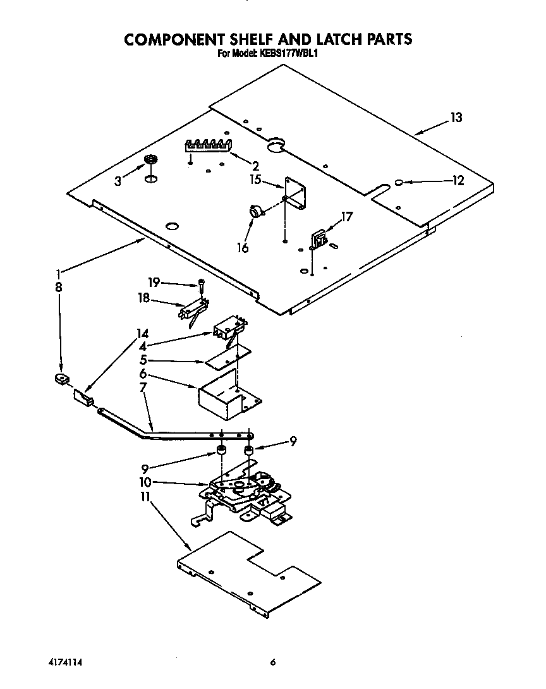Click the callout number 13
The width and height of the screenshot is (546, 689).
coord(456,118)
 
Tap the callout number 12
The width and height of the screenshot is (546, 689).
coord(458,181)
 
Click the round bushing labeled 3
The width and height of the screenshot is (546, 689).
coord(150,159)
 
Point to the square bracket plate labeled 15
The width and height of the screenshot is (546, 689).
coord(295,193)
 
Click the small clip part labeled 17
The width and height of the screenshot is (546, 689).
coord(318,239)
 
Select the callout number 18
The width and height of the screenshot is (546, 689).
coord(144,298)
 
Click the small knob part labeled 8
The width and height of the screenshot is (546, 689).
coord(61,379)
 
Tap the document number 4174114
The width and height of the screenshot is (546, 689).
coord(66,662)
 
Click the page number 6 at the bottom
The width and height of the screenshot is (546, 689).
coord(273,662)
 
